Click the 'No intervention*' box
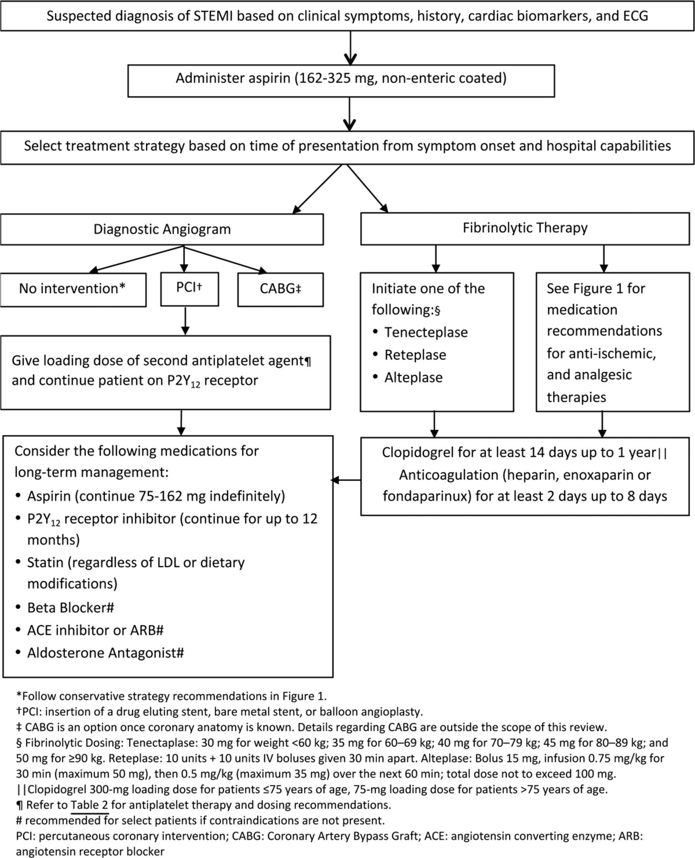click(73, 289)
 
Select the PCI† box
click(190, 289)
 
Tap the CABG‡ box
click(280, 289)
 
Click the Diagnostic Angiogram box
click(162, 229)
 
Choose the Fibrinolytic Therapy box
click(525, 228)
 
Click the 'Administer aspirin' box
click(341, 81)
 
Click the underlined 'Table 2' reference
click(90, 805)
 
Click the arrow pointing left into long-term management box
click(346, 480)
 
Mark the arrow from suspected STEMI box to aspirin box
click(350, 48)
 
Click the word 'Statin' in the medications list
click(45, 562)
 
